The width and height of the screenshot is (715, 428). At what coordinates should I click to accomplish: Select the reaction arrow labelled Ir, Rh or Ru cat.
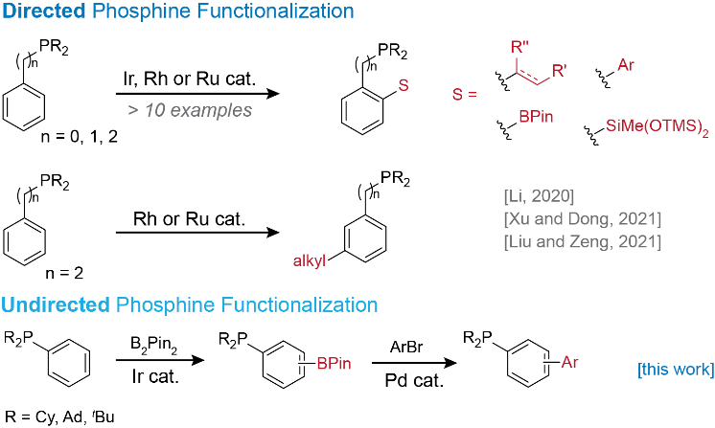198,94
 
